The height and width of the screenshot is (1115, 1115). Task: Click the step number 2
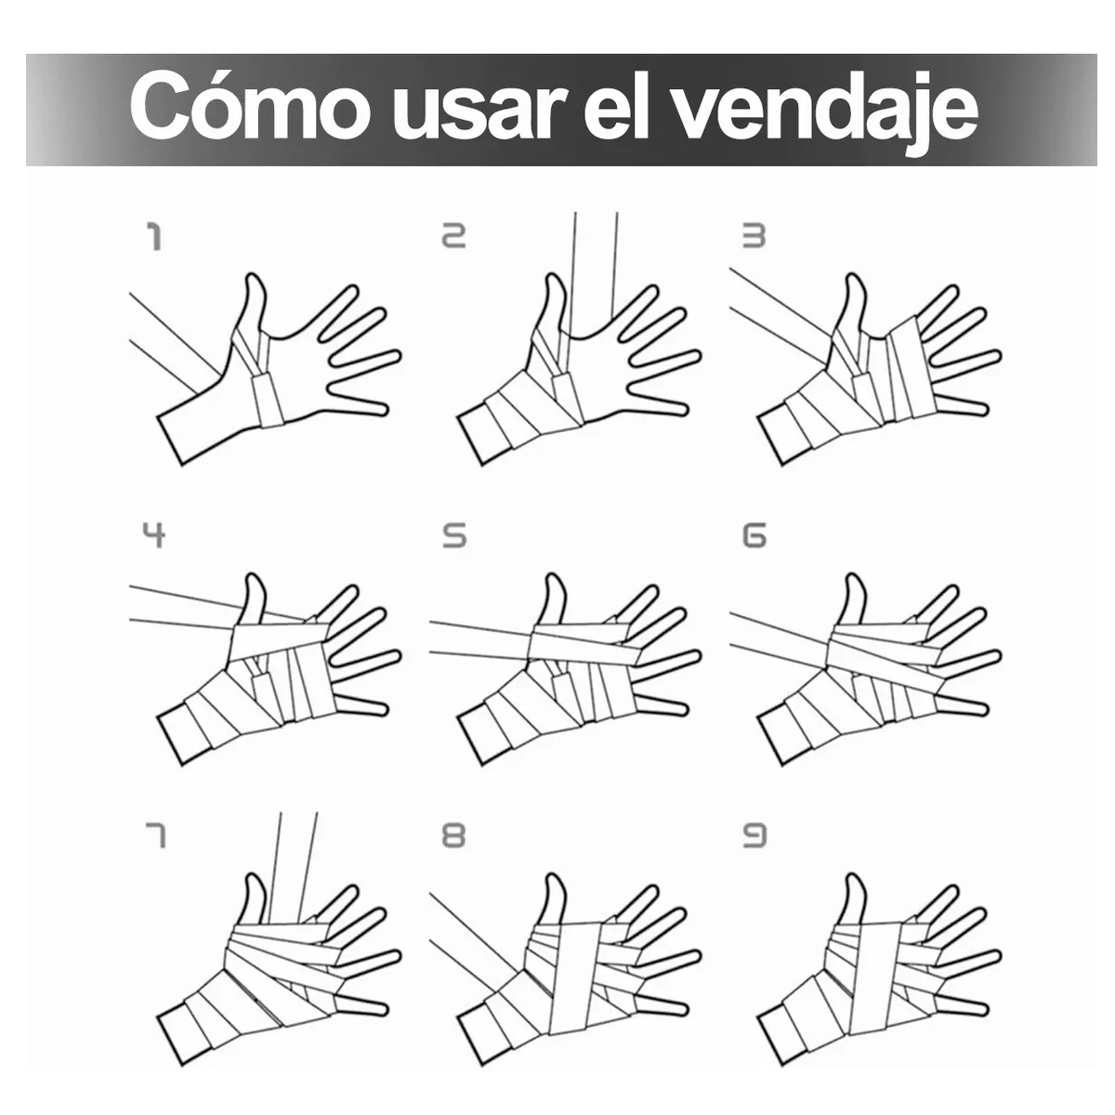[x=454, y=237]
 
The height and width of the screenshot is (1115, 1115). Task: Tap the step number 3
[x=754, y=237]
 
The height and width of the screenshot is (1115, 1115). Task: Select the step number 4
[x=154, y=536]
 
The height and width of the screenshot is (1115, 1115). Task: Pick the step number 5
[x=454, y=536]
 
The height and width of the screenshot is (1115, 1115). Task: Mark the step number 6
[x=754, y=536]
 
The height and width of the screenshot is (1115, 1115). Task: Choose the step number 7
[x=154, y=836]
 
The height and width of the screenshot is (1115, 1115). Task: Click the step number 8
[x=454, y=836]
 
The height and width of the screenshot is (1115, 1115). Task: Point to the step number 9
[x=754, y=836]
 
